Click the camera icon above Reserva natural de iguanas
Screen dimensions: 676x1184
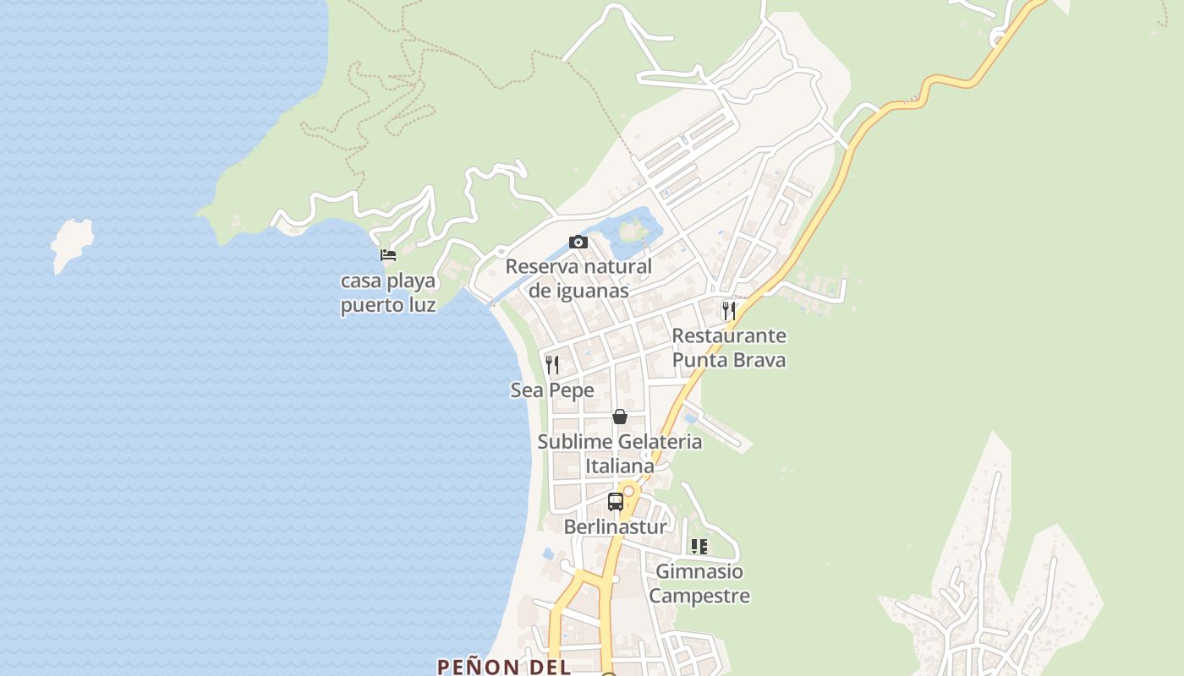tap(578, 243)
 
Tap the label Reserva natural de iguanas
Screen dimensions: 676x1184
tap(578, 279)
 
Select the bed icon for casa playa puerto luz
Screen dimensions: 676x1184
tap(388, 254)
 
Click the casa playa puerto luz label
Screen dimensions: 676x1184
tap(388, 292)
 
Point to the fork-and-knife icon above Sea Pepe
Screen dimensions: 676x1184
tap(552, 365)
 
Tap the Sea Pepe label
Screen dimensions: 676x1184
tap(552, 390)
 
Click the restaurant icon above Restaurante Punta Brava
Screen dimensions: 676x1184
tap(728, 310)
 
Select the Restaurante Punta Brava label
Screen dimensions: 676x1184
tap(728, 347)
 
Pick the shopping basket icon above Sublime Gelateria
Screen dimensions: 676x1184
tap(620, 417)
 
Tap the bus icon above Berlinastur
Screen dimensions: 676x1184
tap(616, 501)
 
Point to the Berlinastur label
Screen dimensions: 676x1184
tap(615, 526)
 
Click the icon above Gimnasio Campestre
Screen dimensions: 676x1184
tap(699, 547)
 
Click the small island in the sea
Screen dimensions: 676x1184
tap(71, 243)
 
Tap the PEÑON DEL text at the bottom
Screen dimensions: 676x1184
tap(502, 666)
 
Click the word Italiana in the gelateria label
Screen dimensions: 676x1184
tap(620, 466)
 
